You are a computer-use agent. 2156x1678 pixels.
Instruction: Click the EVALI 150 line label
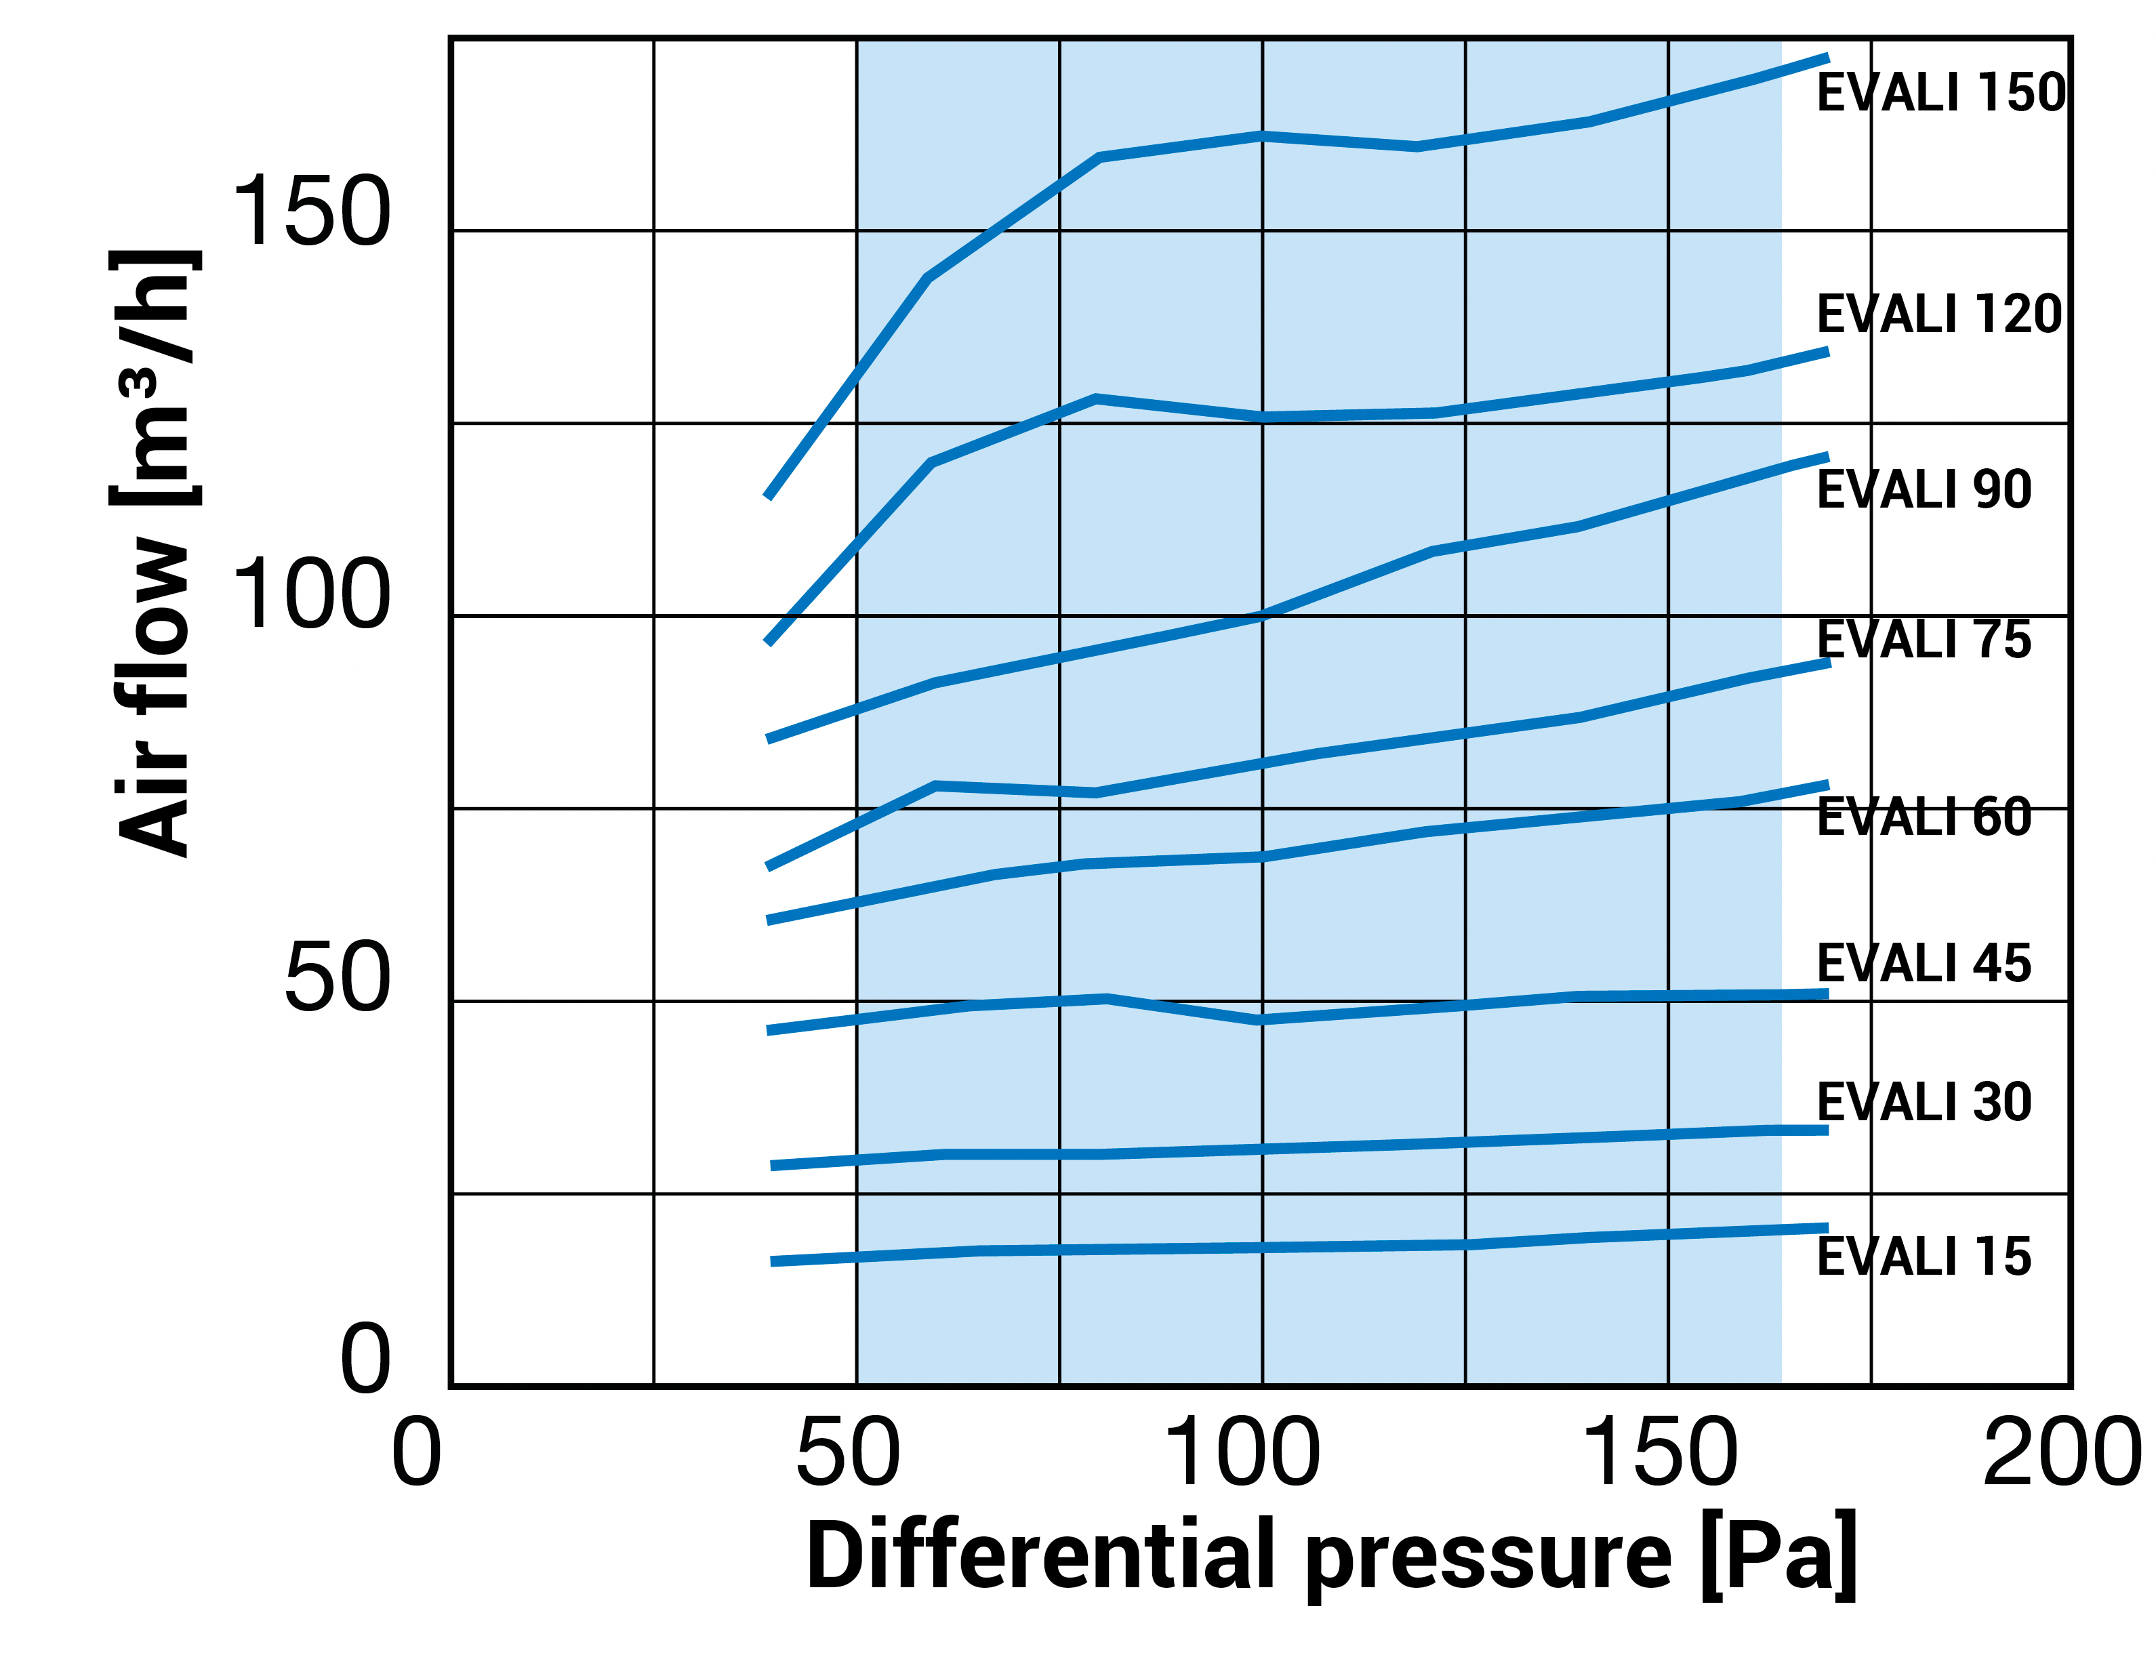[1940, 93]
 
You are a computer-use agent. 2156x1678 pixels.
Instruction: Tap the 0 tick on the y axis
[365, 1359]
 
